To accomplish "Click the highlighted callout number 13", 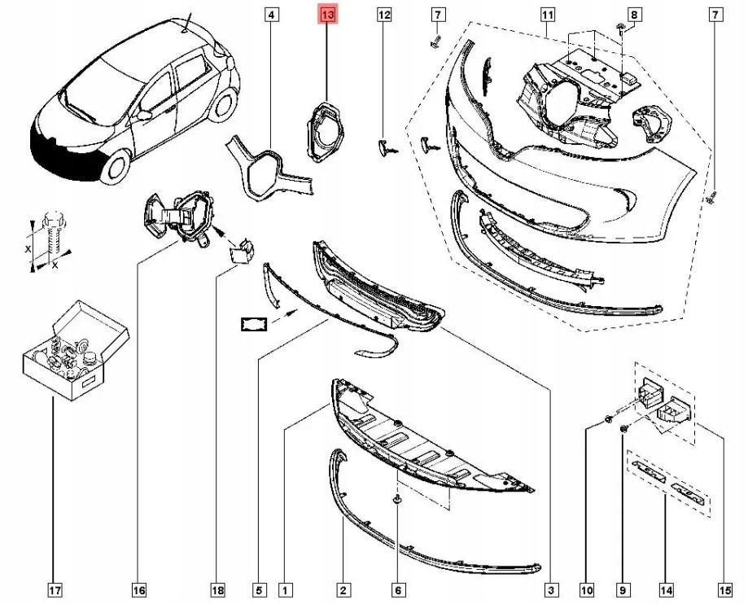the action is (327, 15).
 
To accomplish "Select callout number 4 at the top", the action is (271, 15).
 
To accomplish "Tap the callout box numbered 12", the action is (384, 15).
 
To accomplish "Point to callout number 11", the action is (547, 15).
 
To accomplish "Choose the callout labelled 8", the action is (635, 15).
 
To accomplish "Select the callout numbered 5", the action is (258, 589).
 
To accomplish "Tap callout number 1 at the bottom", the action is (285, 589).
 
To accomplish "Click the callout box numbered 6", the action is (397, 589).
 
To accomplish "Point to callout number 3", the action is (551, 589).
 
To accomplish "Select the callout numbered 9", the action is (623, 589).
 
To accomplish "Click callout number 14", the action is (667, 589).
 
